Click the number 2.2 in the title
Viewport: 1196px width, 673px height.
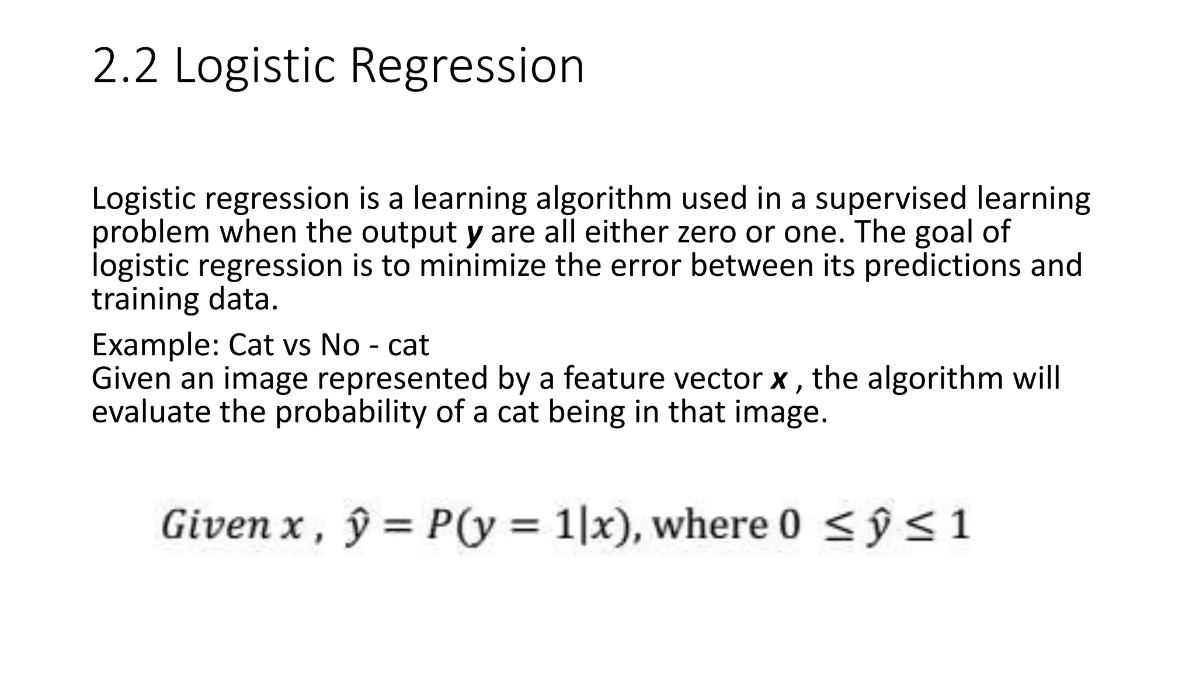click(x=125, y=65)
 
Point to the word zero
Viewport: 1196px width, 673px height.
click(x=706, y=232)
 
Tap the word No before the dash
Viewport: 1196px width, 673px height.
click(x=340, y=345)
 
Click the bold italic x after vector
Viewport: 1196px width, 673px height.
click(x=779, y=379)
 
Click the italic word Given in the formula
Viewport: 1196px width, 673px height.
click(x=215, y=525)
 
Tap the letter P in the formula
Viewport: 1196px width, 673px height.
click(x=438, y=525)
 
